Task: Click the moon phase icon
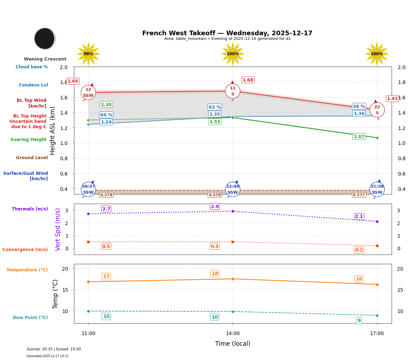[x=45, y=38]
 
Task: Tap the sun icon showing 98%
[x=88, y=54]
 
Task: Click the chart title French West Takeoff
[x=227, y=33]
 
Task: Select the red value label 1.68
[x=248, y=80]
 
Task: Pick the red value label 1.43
[x=392, y=99]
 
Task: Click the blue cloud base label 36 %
[x=359, y=106]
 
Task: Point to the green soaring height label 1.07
[x=359, y=137]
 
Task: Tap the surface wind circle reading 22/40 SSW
[x=233, y=189]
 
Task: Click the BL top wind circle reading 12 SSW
[x=88, y=93]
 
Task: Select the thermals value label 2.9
[x=215, y=207]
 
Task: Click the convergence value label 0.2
[x=359, y=250]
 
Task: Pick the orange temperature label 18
[x=215, y=274]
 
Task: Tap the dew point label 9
[x=359, y=321]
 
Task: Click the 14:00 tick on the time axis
[x=233, y=334]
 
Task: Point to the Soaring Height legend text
[x=28, y=140]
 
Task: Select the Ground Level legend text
[x=32, y=158]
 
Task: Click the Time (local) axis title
[x=233, y=344]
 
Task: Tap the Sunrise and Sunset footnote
[x=54, y=349]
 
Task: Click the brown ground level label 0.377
[x=359, y=195]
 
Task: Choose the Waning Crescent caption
[x=45, y=59]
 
